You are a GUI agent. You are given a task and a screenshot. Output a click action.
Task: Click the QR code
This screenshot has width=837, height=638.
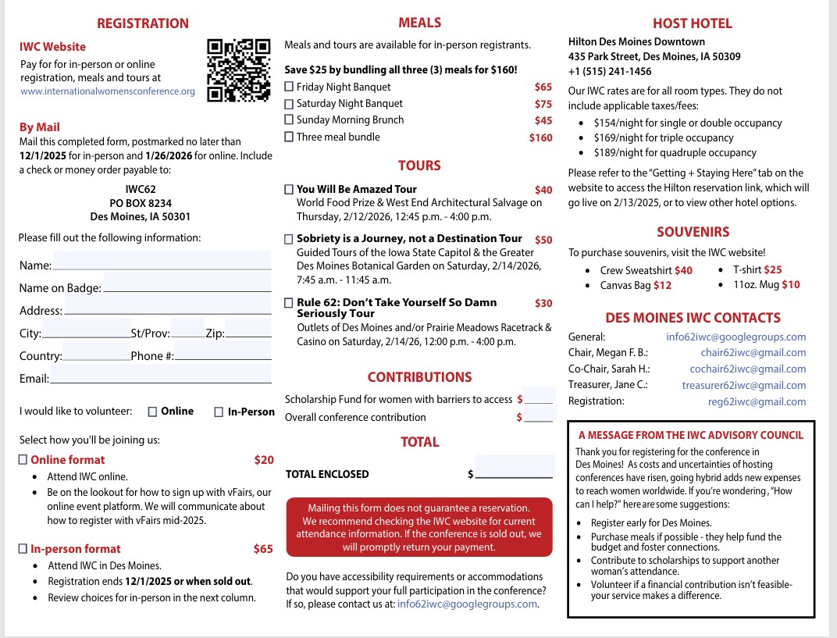tap(238, 70)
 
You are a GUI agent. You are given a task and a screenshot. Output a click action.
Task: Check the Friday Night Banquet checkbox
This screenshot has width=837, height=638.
tap(289, 87)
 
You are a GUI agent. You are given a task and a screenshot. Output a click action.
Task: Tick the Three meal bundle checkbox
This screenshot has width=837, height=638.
tap(289, 137)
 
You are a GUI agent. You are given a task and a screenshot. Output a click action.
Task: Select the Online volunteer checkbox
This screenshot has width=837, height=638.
tap(152, 412)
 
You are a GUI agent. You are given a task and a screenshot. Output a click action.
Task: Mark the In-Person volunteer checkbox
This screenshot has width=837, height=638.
tap(219, 412)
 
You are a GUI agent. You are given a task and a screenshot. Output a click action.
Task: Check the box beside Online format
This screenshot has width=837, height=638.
tap(23, 460)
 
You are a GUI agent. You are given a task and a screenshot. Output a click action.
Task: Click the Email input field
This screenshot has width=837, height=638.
tap(160, 376)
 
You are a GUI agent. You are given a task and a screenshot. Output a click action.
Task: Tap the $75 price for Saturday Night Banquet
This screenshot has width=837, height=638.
tap(543, 104)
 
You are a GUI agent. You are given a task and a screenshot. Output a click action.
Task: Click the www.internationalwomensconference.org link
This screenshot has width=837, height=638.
tap(108, 91)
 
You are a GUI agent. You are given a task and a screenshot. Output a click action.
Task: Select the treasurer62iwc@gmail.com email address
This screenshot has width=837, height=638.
tap(743, 385)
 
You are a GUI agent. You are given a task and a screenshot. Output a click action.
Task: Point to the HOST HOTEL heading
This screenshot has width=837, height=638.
tap(692, 23)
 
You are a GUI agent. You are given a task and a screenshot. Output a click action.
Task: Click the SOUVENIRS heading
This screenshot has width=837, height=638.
tap(693, 232)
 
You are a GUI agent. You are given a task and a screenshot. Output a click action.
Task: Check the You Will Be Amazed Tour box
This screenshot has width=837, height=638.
tap(289, 189)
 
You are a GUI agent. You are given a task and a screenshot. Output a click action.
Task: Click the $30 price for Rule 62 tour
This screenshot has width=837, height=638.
tap(543, 303)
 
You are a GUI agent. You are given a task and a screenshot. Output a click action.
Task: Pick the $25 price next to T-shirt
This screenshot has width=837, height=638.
tap(772, 270)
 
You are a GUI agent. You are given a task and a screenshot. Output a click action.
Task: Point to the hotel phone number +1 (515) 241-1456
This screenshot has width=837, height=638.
tap(610, 71)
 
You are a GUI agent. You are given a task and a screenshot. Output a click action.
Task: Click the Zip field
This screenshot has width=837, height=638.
tap(248, 330)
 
